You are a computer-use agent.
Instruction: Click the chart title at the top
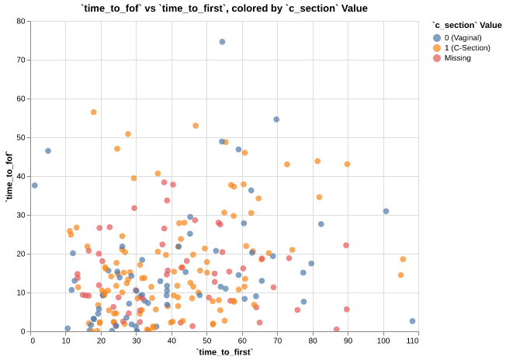click(224, 8)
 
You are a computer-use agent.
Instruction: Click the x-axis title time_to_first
click(224, 351)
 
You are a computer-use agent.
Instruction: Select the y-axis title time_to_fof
click(9, 176)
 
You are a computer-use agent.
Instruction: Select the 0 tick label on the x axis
click(33, 340)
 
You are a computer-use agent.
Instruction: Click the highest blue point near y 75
click(222, 42)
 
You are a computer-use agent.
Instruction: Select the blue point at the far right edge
click(412, 321)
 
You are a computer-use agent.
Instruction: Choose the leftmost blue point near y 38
click(34, 185)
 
